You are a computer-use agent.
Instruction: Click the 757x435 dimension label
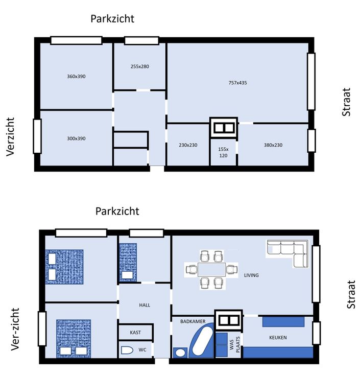237,83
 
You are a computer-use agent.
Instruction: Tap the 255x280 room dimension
140,66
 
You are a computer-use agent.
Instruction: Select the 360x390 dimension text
76,76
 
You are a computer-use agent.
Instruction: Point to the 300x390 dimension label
76,138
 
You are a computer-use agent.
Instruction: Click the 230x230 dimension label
188,145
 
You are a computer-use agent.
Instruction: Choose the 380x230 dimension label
273,145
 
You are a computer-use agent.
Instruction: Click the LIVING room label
251,275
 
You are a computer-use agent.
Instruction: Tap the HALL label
145,305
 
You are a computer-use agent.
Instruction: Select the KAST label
135,333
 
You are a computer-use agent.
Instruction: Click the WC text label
142,350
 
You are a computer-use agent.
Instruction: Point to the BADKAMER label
193,321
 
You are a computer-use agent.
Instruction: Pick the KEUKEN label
278,338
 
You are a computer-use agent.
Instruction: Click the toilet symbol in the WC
127,350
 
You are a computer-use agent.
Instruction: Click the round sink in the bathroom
180,353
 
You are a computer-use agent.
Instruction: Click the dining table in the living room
211,269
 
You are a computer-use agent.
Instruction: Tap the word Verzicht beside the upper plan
11,137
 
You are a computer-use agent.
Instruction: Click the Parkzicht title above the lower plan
117,212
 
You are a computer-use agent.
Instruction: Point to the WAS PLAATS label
235,345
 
